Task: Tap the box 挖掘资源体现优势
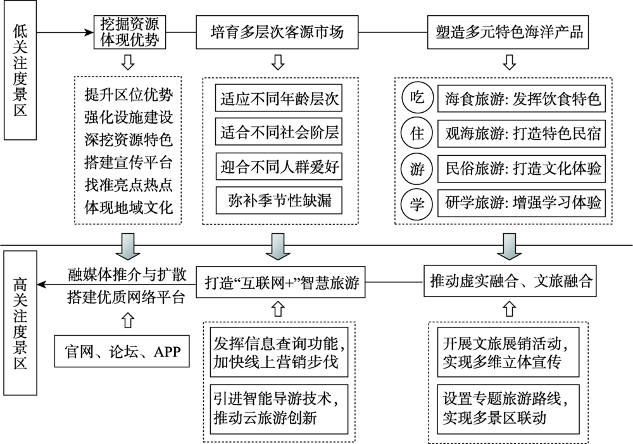(x=130, y=32)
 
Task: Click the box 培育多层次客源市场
(x=279, y=32)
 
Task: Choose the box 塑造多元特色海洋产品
(x=509, y=32)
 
